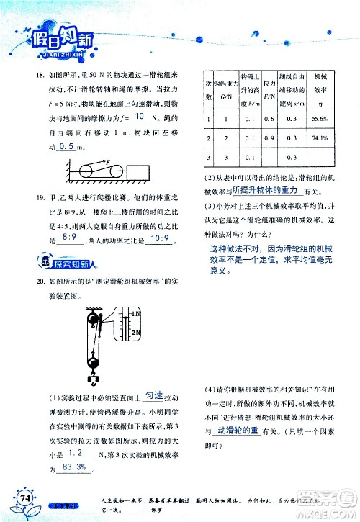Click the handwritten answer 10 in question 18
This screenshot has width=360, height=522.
(x=141, y=117)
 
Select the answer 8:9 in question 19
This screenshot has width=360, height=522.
(x=71, y=235)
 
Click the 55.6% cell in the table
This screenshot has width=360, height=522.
(x=320, y=118)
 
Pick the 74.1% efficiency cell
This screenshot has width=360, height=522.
(x=320, y=138)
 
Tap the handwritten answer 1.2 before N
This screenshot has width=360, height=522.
(x=75, y=454)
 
